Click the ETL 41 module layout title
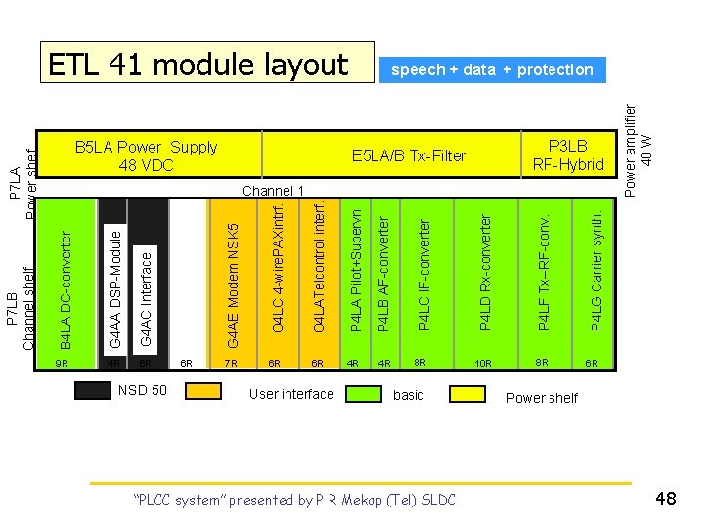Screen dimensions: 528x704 tap(199, 65)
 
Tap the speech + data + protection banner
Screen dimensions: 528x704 tap(492, 69)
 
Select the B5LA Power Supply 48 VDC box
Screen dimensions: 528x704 tap(147, 156)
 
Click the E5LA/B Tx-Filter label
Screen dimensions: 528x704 tap(410, 155)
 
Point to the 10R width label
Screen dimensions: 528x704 tap(482, 364)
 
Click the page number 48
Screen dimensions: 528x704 tap(667, 499)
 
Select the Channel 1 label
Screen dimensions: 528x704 tap(274, 190)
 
